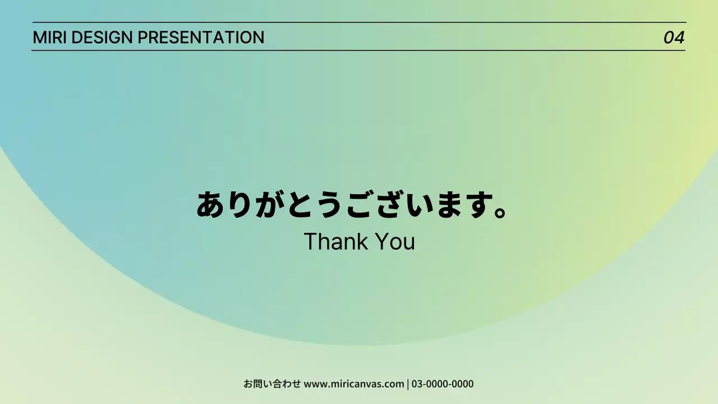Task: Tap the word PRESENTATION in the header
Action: point(201,38)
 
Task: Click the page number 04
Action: point(674,38)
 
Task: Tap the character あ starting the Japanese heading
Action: point(211,205)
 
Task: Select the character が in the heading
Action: point(270,205)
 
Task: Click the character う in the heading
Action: point(329,205)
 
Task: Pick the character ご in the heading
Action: point(360,205)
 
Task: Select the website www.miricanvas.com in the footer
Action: point(354,384)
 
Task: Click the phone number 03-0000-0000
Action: point(443,384)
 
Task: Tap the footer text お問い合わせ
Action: point(272,384)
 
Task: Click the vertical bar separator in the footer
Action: point(408,384)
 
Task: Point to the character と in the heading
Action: point(300,205)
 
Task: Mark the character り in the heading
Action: point(241,205)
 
